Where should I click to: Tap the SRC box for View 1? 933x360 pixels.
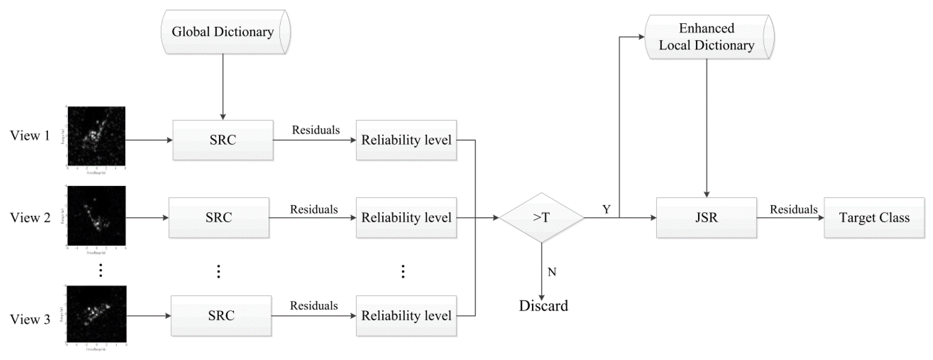click(x=223, y=140)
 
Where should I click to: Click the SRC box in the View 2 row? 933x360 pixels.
click(x=219, y=218)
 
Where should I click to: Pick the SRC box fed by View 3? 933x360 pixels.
click(x=221, y=316)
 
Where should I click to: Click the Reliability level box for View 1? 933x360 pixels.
click(x=406, y=140)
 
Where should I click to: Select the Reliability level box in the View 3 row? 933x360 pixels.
click(x=406, y=316)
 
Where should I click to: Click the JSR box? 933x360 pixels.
click(x=706, y=218)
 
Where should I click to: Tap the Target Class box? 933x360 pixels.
click(x=874, y=218)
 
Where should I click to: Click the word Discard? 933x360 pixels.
click(x=543, y=306)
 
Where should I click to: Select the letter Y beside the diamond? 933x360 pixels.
click(x=606, y=209)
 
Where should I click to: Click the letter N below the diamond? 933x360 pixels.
click(x=552, y=272)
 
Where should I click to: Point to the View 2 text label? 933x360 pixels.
click(x=30, y=218)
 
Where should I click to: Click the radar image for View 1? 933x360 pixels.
click(x=96, y=136)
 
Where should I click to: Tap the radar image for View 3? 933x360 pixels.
click(x=96, y=314)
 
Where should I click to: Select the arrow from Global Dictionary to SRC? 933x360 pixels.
click(x=223, y=87)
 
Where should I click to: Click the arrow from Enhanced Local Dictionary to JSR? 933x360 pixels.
click(x=706, y=127)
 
